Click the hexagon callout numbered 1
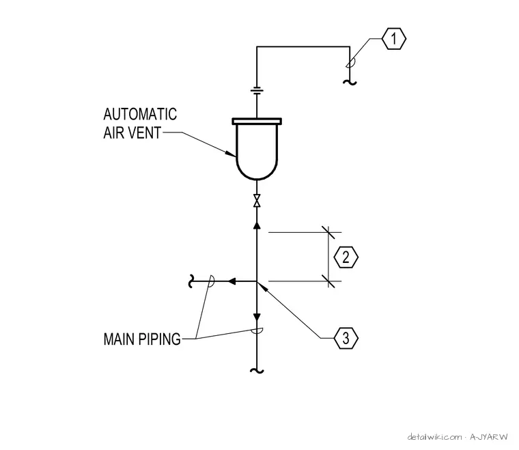point(394,39)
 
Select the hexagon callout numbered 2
point(346,257)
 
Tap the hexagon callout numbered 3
point(346,338)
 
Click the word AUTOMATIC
point(140,115)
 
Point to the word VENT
point(144,133)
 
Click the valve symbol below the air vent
point(257,201)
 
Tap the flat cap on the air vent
point(257,121)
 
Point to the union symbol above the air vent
point(257,91)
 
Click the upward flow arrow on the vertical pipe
point(257,225)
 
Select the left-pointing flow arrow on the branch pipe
point(232,281)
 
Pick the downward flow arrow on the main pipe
point(257,317)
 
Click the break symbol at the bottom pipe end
point(257,371)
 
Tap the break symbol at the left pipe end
point(191,281)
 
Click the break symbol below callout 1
point(350,82)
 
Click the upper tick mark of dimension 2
point(328,233)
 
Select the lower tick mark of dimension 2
point(328,281)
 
